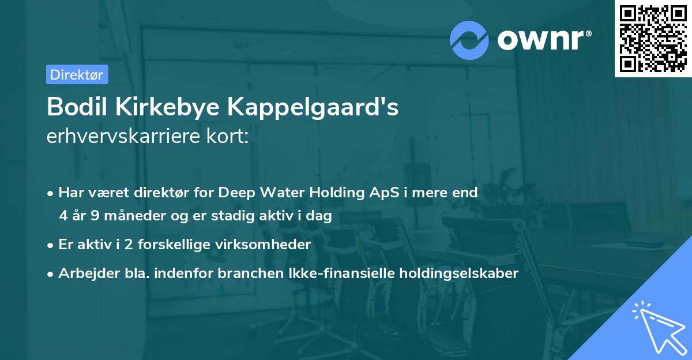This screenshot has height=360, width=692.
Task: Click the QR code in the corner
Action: tap(653, 39)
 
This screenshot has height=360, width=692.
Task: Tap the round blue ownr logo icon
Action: tap(469, 40)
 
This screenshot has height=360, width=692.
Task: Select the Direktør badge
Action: tap(77, 74)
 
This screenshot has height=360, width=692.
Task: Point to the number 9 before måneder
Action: tap(96, 216)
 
